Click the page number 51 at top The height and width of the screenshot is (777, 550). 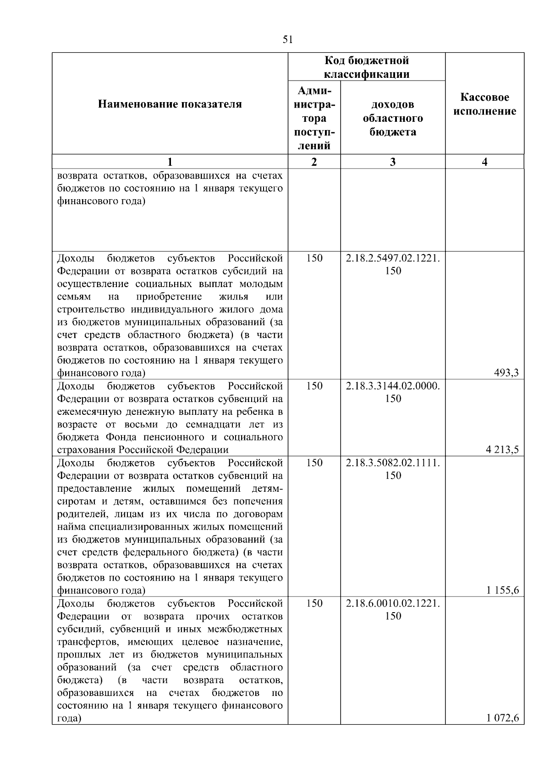287,40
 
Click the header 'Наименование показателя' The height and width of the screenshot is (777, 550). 170,104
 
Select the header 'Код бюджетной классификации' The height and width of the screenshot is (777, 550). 367,67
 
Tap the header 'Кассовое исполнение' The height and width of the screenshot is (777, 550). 485,104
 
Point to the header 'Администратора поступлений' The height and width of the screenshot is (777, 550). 314,118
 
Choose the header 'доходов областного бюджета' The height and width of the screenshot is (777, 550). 393,118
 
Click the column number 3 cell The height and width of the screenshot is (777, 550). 393,162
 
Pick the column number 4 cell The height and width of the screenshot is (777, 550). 485,162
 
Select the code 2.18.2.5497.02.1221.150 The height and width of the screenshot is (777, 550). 393,264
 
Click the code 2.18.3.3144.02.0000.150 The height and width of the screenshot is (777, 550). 393,392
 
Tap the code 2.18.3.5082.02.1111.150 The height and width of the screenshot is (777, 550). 393,469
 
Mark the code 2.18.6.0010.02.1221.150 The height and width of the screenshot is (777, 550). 393,609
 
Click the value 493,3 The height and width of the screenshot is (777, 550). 506,373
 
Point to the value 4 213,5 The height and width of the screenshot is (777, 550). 502,450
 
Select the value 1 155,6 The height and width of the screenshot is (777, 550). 502,590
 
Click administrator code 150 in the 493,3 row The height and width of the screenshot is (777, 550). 314,258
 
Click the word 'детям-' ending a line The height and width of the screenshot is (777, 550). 267,488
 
